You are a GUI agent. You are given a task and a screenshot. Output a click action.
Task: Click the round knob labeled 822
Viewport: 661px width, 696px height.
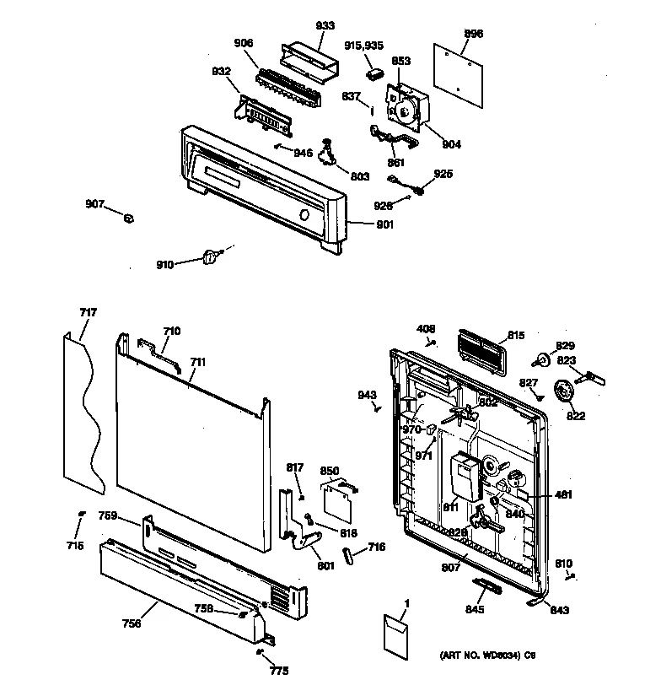coord(562,392)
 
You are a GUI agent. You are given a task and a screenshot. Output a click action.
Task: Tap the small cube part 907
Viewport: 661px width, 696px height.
coord(129,219)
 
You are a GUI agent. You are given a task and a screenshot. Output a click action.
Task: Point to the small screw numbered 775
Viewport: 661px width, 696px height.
coord(259,652)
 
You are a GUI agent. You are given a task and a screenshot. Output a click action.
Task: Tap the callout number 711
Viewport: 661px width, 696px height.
coord(197,362)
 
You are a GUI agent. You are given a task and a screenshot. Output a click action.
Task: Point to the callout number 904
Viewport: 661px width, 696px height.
coord(451,144)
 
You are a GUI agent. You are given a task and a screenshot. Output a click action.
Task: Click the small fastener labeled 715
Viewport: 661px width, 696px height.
coord(81,514)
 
